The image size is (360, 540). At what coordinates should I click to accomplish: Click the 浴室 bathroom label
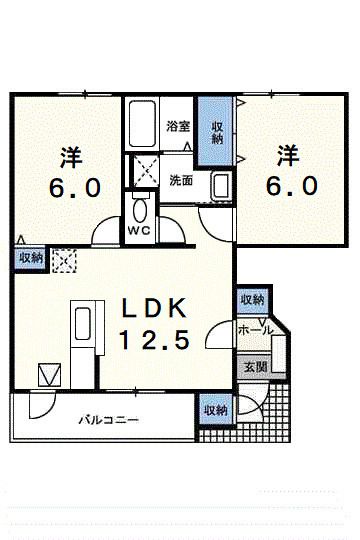(178, 127)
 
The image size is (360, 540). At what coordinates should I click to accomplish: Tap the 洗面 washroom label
(180, 181)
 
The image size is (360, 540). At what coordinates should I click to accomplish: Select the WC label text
(139, 227)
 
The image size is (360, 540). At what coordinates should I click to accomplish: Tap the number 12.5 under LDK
(155, 340)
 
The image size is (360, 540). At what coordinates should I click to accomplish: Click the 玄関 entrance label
(249, 366)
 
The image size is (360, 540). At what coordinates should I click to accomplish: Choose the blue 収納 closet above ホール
(250, 300)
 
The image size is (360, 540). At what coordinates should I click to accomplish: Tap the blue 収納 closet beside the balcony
(215, 409)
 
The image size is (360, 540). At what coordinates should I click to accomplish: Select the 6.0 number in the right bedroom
(291, 186)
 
